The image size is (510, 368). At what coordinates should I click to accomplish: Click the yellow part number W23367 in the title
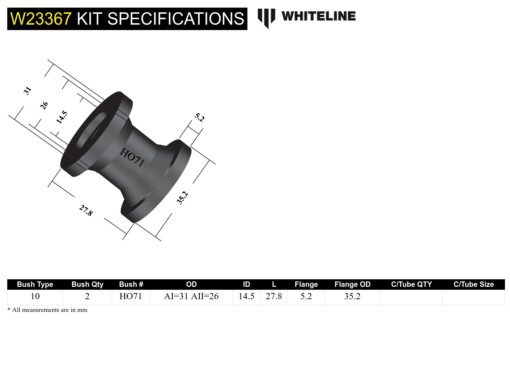[41, 19]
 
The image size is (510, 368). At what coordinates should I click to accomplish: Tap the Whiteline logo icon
[266, 18]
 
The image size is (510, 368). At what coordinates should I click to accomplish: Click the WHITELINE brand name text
[318, 16]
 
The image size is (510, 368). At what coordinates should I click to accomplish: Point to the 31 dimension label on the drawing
[27, 90]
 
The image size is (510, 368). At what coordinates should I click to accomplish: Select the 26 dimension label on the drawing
[44, 105]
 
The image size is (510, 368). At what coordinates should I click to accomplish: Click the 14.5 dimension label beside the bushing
[62, 117]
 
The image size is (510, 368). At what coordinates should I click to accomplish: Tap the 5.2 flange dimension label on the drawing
[199, 117]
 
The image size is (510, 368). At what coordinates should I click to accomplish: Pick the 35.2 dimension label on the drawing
[182, 198]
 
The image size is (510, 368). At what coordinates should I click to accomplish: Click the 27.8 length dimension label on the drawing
[86, 210]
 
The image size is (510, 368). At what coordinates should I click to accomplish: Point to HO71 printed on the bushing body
[132, 157]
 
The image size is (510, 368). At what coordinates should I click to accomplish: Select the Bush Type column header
[35, 284]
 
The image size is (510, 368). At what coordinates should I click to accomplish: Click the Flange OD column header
[352, 284]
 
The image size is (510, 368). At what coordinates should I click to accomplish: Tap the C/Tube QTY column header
[411, 284]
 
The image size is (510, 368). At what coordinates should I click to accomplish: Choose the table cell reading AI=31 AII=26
[191, 296]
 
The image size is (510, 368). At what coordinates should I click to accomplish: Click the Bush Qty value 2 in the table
[87, 296]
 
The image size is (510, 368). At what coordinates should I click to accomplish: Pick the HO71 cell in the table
[131, 296]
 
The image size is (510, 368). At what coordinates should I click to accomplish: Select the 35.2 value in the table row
[352, 296]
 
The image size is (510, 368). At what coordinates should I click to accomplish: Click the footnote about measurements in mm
[47, 310]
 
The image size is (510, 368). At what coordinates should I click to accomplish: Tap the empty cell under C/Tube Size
[473, 297]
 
